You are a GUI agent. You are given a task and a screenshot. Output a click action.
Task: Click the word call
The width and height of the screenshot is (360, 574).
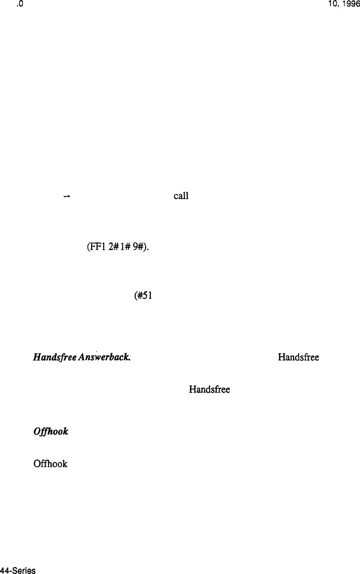click(181, 196)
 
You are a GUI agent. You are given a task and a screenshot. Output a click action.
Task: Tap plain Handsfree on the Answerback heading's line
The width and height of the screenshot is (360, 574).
click(298, 357)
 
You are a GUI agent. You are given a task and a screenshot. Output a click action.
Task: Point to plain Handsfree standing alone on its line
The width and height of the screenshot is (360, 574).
click(209, 388)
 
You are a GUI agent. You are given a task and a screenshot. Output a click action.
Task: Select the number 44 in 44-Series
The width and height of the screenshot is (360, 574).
click(5, 570)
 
